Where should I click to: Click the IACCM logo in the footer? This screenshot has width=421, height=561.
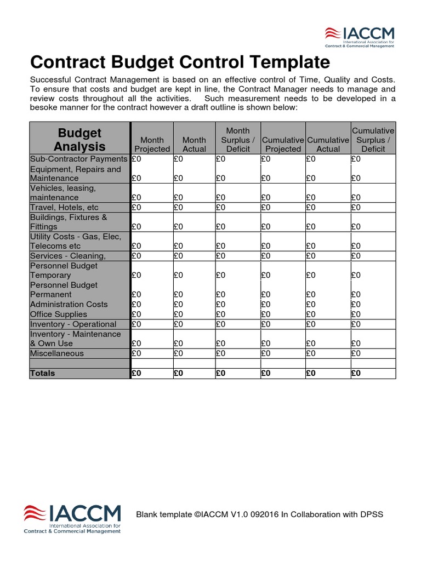(x=72, y=518)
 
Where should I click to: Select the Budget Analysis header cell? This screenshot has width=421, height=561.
(x=79, y=140)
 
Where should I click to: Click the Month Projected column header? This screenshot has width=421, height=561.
(x=152, y=144)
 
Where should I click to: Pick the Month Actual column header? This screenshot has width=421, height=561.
(x=194, y=144)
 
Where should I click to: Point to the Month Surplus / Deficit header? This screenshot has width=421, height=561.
(x=238, y=140)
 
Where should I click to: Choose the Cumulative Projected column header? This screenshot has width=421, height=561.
(x=283, y=144)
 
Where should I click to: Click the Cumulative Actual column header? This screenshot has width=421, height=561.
(x=328, y=144)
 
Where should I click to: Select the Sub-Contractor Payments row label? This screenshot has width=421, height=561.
(x=78, y=159)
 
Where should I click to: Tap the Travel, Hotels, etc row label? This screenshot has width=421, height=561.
(x=64, y=208)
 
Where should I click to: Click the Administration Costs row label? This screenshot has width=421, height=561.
(x=69, y=304)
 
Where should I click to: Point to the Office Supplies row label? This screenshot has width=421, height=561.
(x=58, y=314)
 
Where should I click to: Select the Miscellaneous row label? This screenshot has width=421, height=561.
(x=57, y=353)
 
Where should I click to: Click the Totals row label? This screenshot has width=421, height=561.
(x=43, y=373)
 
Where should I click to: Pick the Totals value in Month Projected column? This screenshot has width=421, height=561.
(x=137, y=373)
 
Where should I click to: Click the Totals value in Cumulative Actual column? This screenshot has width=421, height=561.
(x=311, y=373)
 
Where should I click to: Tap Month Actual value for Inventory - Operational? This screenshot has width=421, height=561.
(x=179, y=324)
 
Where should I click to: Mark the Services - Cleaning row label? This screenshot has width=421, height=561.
(x=67, y=256)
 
